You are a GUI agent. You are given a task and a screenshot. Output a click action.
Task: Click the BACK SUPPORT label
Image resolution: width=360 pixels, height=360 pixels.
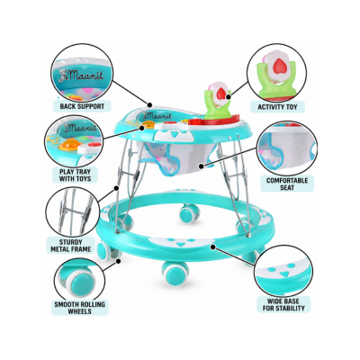point(82,106)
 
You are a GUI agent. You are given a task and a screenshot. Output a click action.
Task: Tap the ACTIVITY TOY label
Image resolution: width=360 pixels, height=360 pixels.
point(277,107)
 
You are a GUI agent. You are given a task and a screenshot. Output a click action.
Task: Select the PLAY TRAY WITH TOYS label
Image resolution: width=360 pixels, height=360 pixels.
point(75,175)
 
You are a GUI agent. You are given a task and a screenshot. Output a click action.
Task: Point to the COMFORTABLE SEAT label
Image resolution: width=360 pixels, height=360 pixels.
point(287,184)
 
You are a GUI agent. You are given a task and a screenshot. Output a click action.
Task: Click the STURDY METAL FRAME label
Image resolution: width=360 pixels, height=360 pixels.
point(71,246)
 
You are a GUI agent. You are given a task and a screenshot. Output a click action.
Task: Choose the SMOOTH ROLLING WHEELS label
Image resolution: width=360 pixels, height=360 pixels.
point(79,308)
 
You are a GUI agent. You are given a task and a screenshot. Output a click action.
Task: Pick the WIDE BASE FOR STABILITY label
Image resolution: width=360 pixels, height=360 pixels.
point(283,304)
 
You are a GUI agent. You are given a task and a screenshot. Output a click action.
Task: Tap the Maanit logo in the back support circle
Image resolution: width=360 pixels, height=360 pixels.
point(82,74)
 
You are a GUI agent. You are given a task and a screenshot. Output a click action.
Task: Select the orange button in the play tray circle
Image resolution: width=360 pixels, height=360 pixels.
point(69,145)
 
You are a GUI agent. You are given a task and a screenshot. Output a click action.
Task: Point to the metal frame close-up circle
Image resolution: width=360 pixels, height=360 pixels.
point(74,211)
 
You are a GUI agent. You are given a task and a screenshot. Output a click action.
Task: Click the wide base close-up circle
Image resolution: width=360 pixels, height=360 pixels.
point(283,267)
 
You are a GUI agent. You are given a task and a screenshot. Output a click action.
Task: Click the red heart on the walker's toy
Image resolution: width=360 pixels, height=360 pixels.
point(221,93)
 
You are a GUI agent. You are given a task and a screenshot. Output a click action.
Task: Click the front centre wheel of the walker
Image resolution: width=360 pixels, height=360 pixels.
point(175,274)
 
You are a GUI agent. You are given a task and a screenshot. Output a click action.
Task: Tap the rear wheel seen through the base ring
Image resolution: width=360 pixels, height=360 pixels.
point(189,213)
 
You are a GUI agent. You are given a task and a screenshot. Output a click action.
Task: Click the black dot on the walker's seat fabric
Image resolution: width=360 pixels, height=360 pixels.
point(202,166)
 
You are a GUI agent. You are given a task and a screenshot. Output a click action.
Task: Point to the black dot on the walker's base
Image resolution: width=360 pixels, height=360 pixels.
point(213,247)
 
